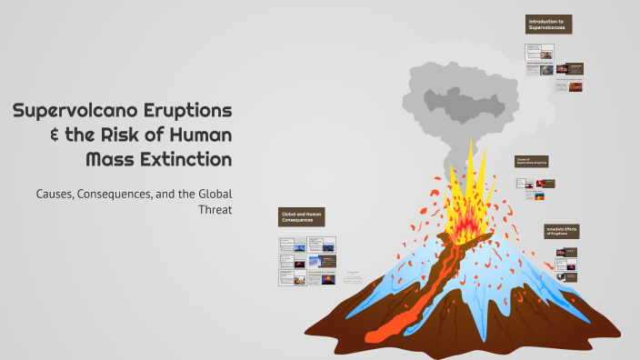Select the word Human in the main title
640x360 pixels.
200,135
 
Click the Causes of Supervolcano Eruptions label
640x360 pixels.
532,161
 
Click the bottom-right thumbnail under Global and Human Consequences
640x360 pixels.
322,281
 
